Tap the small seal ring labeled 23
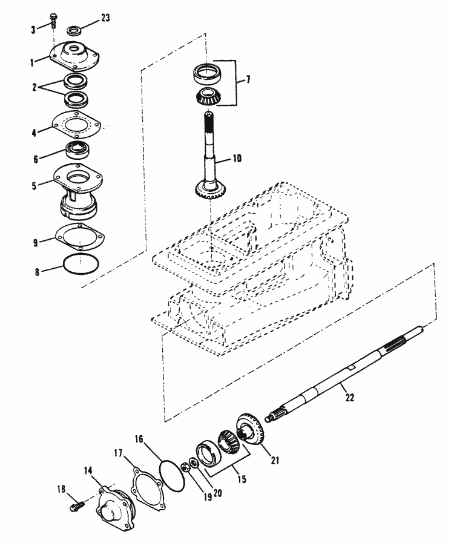pos(74,30)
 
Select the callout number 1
pos(32,63)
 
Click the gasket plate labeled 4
pos(76,123)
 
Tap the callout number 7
pos(248,80)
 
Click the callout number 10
pos(237,159)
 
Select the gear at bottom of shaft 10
pos(209,189)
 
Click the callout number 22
pos(349,397)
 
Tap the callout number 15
pos(242,479)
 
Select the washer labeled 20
pos(194,464)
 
